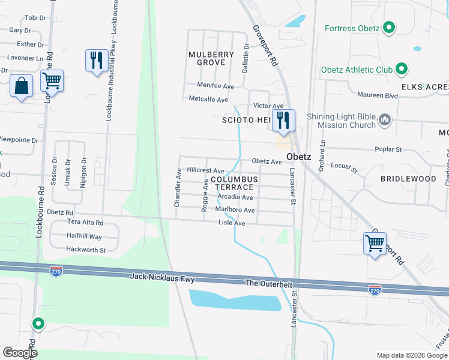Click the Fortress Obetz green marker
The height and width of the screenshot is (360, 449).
(389, 28)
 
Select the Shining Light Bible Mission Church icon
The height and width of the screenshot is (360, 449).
(385, 121)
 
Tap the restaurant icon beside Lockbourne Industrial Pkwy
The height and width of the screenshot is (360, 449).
(96, 60)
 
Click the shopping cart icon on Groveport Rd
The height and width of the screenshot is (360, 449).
(375, 244)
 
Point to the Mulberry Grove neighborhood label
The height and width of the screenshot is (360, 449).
(211, 58)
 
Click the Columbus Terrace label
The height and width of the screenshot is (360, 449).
(234, 183)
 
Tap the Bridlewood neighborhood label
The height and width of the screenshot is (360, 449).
(408, 179)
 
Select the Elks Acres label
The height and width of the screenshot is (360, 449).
(425, 88)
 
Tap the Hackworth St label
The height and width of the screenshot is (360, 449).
(86, 250)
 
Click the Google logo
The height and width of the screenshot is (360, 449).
(20, 353)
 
